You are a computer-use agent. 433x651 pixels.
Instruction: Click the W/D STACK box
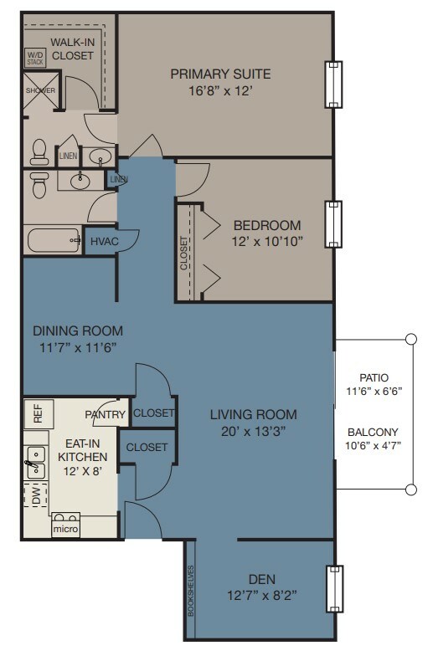pos(35,58)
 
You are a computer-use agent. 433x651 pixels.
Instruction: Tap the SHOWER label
pos(40,90)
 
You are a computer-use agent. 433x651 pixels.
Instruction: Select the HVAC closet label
pos(105,241)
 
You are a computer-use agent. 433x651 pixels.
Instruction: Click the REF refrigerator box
pos(39,413)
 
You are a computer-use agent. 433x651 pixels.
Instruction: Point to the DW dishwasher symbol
pos(36,495)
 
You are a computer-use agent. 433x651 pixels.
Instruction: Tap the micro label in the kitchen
pos(65,529)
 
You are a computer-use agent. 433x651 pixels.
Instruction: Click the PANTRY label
pos(106,414)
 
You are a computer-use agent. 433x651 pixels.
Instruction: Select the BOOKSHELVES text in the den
pos(191,591)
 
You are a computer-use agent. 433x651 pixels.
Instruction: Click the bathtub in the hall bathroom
pos(54,240)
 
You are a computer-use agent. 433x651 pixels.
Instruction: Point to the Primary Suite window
pos(333,85)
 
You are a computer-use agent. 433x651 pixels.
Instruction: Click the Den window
pos(334,589)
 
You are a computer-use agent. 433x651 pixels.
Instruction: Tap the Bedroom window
pos(333,224)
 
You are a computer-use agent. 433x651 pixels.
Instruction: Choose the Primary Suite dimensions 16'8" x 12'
pos(220,90)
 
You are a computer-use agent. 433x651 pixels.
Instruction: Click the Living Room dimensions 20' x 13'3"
pos(253,432)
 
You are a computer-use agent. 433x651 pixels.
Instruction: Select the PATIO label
pos(374,378)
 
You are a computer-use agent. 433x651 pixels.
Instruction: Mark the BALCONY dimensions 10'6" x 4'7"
pos(373,446)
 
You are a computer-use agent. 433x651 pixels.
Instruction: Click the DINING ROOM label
pos(78,331)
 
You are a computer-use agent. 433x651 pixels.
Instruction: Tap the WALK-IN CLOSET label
pos(73,49)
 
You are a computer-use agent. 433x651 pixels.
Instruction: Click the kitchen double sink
pos(36,463)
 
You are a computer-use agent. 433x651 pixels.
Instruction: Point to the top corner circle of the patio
pos(411,339)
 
